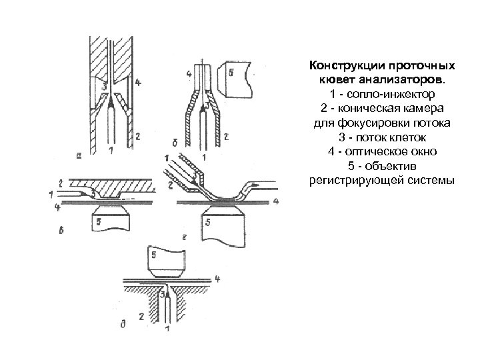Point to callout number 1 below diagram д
pos(167,329)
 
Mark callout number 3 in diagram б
pos(207,105)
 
